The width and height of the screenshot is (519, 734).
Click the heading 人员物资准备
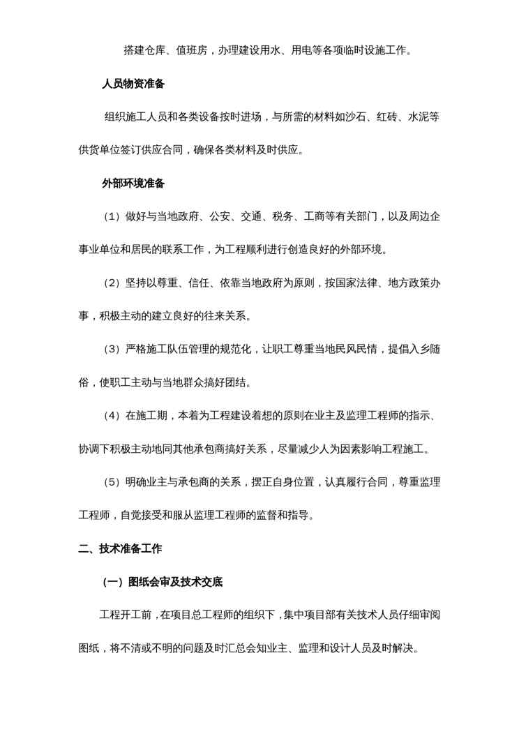pyautogui.click(x=133, y=84)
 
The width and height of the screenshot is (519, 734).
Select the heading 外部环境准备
pyautogui.click(x=133, y=183)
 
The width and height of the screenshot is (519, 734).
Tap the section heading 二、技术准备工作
pyautogui.click(x=120, y=549)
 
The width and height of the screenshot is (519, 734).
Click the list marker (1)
pyautogui.click(x=112, y=217)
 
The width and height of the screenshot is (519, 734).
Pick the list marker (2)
pyautogui.click(x=112, y=283)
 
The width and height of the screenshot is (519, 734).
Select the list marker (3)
pyautogui.click(x=112, y=350)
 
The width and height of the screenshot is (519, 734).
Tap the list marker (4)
pyautogui.click(x=112, y=416)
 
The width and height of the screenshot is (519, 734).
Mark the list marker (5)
pyautogui.click(x=112, y=482)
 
